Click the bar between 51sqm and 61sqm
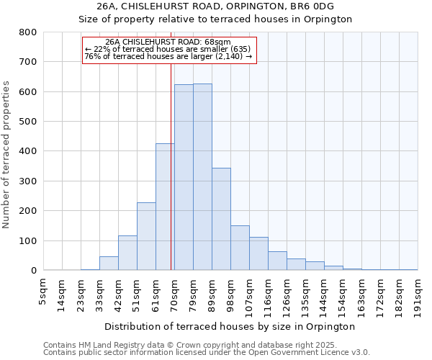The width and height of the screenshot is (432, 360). click(146, 237)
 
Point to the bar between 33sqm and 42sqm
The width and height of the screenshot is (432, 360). click(109, 264)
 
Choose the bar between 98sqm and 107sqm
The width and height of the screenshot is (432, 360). click(240, 248)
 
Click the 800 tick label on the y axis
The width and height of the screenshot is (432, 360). click(27, 32)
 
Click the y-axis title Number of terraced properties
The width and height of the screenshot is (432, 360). click(6, 155)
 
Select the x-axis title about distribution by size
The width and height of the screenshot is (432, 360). click(230, 326)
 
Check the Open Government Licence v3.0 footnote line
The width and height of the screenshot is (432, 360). click(206, 352)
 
